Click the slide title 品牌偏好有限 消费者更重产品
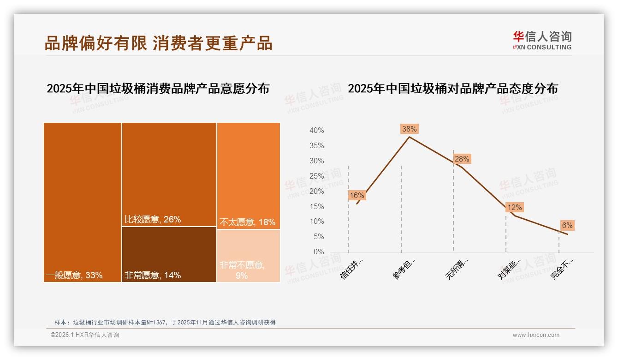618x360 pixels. pos(158,42)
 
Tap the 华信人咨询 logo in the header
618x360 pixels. pos(542,40)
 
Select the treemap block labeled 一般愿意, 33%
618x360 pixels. pos(83,202)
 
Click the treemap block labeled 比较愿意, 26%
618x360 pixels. pos(169,174)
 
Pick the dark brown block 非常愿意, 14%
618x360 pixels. pos(169,254)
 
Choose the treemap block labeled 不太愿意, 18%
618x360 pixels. pos(248,175)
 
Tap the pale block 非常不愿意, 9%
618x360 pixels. pos(248,256)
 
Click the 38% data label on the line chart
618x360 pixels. pos(409,129)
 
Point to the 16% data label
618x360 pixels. pos(357,195)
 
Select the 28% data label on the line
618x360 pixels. pos(462,159)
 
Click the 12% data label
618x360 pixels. pos(514,208)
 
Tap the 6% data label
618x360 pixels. pos(567,225)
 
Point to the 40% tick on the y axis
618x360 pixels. pos(316,131)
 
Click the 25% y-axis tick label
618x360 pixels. pos(316,176)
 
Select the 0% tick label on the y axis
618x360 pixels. pos(318,252)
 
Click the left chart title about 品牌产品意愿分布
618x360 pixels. pos(158,89)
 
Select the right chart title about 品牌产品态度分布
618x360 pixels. pos(452,89)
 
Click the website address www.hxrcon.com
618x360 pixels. pos(536,335)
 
